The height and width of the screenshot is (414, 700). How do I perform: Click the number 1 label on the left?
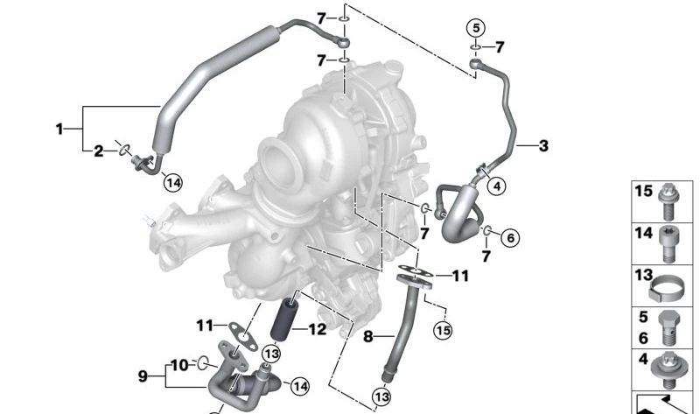coord(59,130)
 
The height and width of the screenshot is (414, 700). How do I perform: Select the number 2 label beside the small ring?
coord(98,151)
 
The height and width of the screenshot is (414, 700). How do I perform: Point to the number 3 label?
coord(543,145)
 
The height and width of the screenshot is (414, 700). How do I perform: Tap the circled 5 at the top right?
coord(476,28)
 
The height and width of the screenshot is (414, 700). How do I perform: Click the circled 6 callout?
coord(511,237)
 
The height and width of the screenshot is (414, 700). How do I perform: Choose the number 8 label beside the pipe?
coord(367,336)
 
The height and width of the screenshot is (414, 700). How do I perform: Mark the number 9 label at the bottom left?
coord(143,376)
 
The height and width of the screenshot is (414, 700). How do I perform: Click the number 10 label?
coord(180,365)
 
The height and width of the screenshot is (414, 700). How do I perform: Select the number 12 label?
coord(318,330)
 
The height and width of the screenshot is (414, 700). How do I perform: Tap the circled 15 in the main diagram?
coord(443,331)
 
